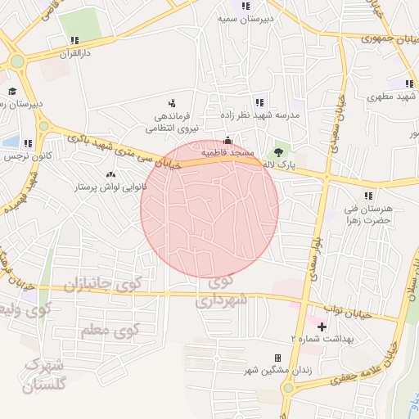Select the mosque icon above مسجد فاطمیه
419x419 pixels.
click(x=228, y=140)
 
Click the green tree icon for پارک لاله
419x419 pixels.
click(x=278, y=152)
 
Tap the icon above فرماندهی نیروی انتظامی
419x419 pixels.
click(x=172, y=103)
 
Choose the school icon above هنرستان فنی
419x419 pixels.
click(x=368, y=196)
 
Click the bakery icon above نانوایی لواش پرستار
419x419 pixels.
click(x=110, y=174)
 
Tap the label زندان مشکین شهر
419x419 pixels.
click(x=276, y=371)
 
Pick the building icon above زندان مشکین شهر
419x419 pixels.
click(x=277, y=358)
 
